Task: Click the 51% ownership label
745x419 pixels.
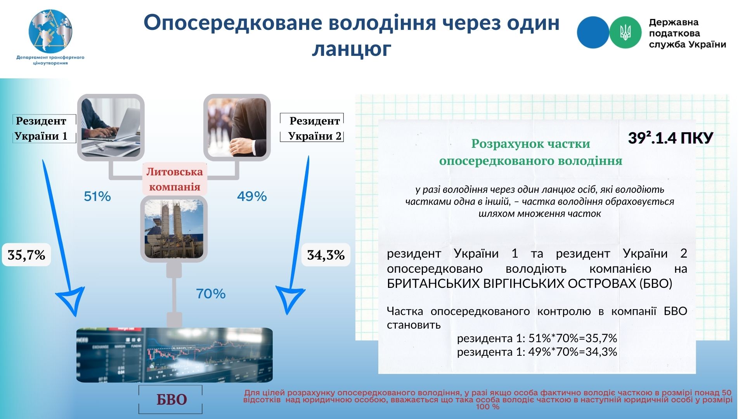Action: [97, 196]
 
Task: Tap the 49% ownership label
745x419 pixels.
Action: [252, 196]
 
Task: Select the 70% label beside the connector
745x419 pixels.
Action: [211, 294]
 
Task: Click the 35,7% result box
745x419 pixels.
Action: [26, 255]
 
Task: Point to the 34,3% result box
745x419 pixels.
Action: [326, 255]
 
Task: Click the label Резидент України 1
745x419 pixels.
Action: [41, 128]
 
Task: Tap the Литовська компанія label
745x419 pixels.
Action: [175, 179]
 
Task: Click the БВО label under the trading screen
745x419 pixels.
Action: [171, 400]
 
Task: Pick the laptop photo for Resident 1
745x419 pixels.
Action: [111, 127]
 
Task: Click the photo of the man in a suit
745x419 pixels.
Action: [237, 127]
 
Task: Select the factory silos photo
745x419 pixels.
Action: [174, 229]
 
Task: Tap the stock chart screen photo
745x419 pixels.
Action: [175, 355]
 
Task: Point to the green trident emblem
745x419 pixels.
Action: [625, 32]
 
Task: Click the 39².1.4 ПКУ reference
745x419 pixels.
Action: [670, 138]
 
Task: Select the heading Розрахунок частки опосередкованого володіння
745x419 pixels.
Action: [530, 152]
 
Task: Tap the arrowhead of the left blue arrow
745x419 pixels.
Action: [72, 301]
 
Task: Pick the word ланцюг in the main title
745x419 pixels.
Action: [352, 49]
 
